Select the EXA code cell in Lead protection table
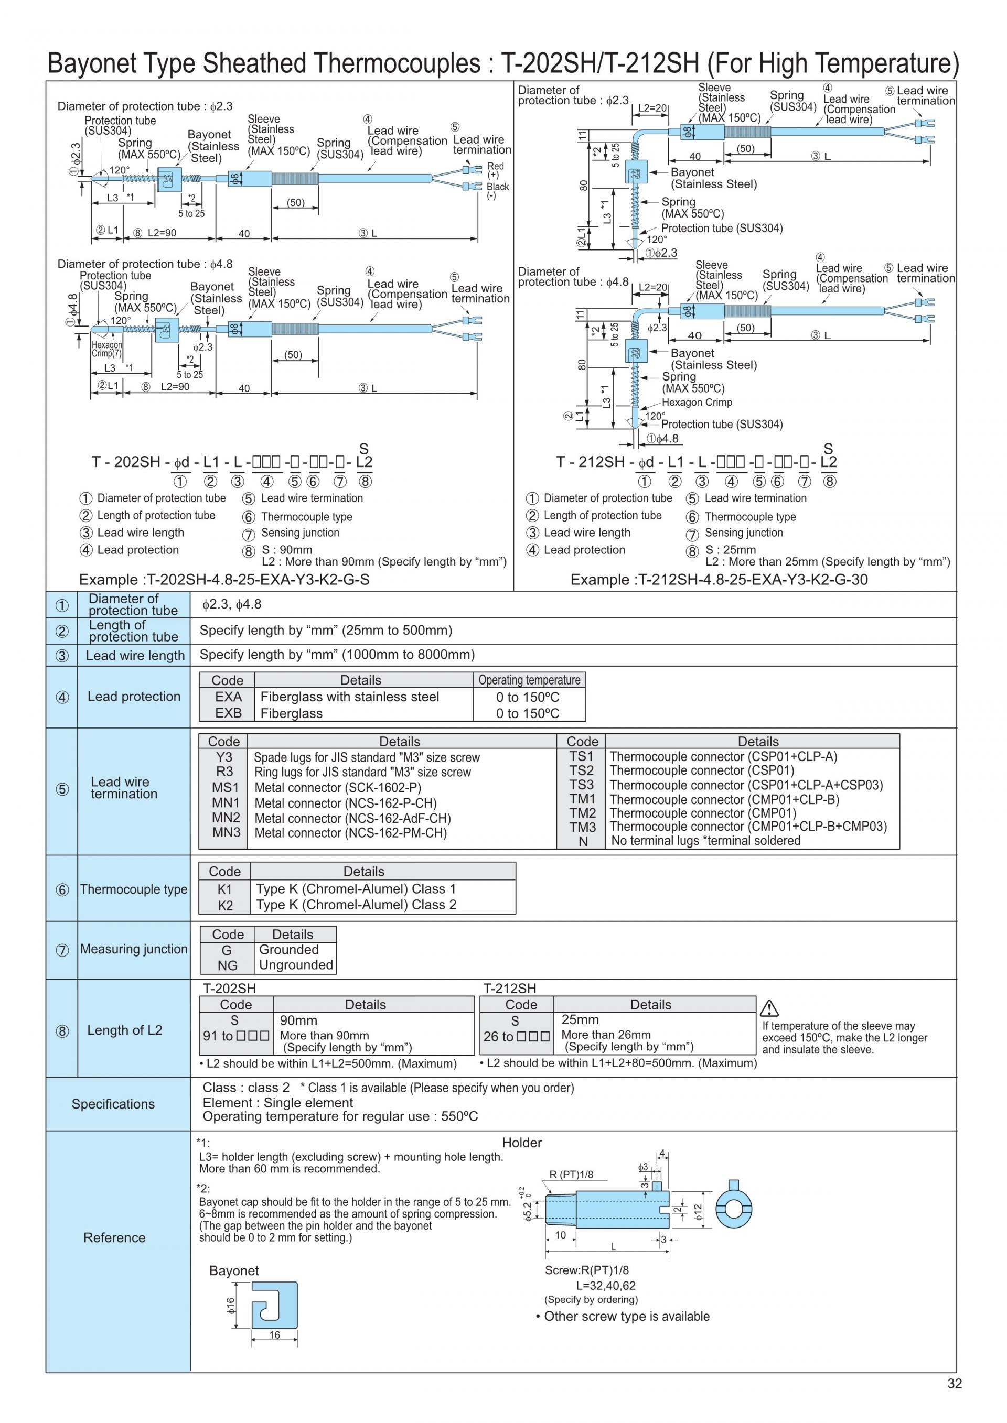pyautogui.click(x=228, y=697)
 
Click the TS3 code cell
pyautogui.click(x=582, y=785)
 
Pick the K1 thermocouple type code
pyautogui.click(x=224, y=889)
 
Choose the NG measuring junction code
pyautogui.click(x=227, y=965)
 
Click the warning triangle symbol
pyautogui.click(x=769, y=1008)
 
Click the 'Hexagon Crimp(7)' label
pyautogui.click(x=106, y=349)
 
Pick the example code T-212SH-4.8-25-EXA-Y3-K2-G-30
pyautogui.click(x=719, y=580)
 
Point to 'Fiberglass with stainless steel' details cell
pyautogui.click(x=350, y=697)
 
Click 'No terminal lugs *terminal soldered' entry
pyautogui.click(x=705, y=840)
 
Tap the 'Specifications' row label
pyautogui.click(x=113, y=1104)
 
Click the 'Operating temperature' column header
pyautogui.click(x=529, y=680)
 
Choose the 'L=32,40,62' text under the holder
pyautogui.click(x=605, y=1286)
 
